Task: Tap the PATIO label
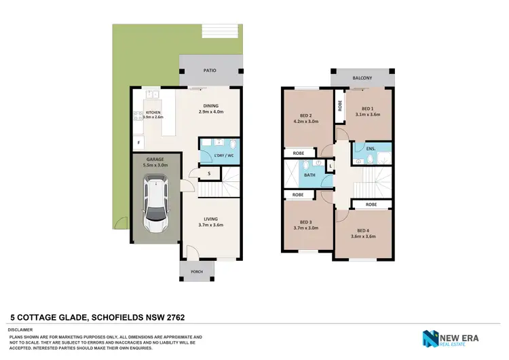click(211, 69)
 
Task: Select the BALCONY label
click(362, 78)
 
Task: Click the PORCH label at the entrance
click(196, 272)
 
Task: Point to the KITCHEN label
click(153, 112)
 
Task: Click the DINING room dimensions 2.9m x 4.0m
click(211, 111)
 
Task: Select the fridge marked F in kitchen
click(139, 143)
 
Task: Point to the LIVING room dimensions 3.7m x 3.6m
click(211, 225)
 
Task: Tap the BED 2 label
click(305, 116)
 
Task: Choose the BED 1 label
click(367, 109)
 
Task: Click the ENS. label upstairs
click(371, 148)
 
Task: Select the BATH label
click(309, 175)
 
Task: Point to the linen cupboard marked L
click(331, 165)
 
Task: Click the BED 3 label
click(305, 223)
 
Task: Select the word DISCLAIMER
click(21, 328)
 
